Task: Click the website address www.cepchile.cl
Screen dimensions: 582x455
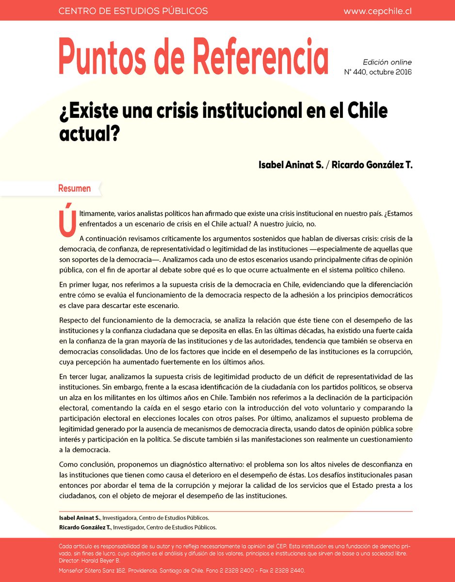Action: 377,11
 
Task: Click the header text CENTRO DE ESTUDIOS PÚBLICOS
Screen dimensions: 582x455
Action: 133,11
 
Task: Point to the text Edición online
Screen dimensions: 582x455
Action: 387,62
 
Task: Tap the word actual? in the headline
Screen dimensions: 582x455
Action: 90,133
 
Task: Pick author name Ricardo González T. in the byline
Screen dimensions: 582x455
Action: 373,165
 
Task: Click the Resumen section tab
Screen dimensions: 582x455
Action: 74,188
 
